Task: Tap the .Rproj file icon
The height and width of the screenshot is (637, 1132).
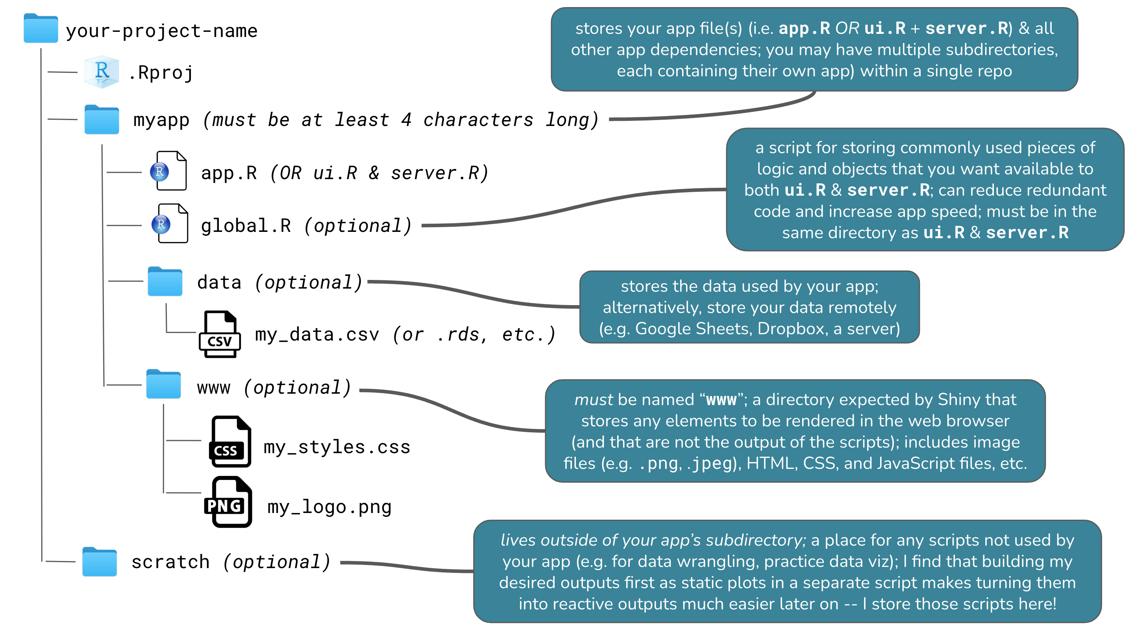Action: pyautogui.click(x=102, y=72)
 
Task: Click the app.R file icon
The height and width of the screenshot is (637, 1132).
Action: pyautogui.click(x=170, y=171)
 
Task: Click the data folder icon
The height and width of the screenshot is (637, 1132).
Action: pyautogui.click(x=165, y=281)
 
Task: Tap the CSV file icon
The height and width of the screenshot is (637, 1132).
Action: pyautogui.click(x=220, y=334)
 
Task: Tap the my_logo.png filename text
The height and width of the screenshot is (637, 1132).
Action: pyautogui.click(x=329, y=507)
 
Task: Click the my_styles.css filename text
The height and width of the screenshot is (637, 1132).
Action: pyautogui.click(x=337, y=447)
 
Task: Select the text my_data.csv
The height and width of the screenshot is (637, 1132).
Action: pyautogui.click(x=316, y=335)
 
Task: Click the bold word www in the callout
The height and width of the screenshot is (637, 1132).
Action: pyautogui.click(x=721, y=400)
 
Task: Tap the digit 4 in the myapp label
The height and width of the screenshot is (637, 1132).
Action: pyautogui.click(x=406, y=120)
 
